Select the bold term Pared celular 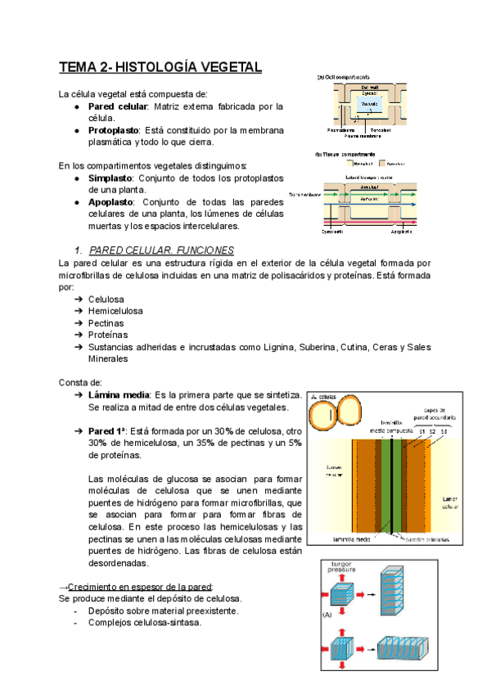tap(116, 106)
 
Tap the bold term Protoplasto tap(113, 130)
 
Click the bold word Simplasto tap(110, 178)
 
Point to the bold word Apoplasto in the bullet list tap(112, 202)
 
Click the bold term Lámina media tap(119, 395)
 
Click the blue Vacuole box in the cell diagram tap(369, 105)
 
